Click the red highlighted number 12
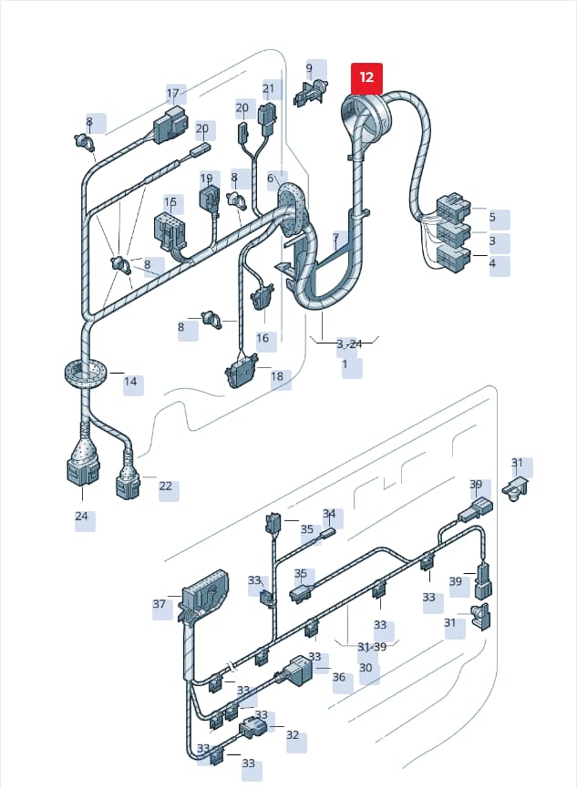[x=366, y=77]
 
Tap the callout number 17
[x=172, y=93]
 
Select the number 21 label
[x=268, y=88]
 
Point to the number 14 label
[x=130, y=382]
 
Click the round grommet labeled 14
[x=86, y=374]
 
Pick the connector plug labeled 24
[x=83, y=470]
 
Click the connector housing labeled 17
[x=170, y=124]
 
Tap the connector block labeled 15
[x=170, y=231]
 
